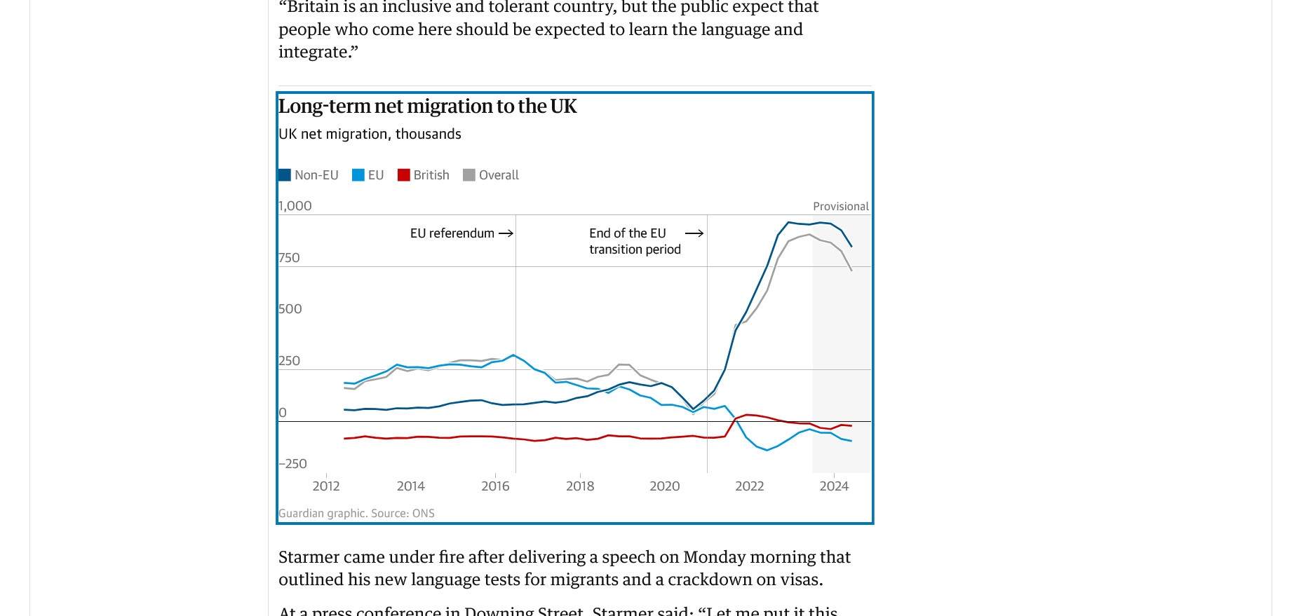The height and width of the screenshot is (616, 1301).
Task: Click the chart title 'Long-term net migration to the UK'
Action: pyautogui.click(x=427, y=107)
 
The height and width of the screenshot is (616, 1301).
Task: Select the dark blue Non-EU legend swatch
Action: pyautogui.click(x=285, y=175)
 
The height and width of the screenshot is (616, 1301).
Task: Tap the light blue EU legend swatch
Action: pyautogui.click(x=358, y=175)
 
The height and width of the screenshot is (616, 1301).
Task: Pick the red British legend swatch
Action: pyautogui.click(x=403, y=175)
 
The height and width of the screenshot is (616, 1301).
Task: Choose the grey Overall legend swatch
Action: pyautogui.click(x=469, y=175)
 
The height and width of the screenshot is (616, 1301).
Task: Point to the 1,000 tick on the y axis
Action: pyautogui.click(x=295, y=206)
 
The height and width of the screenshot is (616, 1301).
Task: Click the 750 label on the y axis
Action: pyautogui.click(x=289, y=258)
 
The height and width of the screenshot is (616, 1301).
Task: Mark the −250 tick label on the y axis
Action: pyautogui.click(x=293, y=464)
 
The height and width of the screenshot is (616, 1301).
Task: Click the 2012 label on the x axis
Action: pyautogui.click(x=326, y=486)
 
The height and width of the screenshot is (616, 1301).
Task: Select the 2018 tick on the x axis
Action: pyautogui.click(x=580, y=486)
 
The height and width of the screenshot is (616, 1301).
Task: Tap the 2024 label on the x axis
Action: pyautogui.click(x=834, y=486)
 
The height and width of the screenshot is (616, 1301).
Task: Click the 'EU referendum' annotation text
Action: pyautogui.click(x=452, y=233)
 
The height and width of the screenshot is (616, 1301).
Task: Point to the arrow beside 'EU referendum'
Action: pyautogui.click(x=506, y=233)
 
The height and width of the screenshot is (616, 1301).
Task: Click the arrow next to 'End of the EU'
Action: pyautogui.click(x=694, y=233)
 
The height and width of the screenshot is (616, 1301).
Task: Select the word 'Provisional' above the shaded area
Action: pyautogui.click(x=840, y=207)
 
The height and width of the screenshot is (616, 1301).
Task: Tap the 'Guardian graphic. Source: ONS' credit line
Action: pyautogui.click(x=356, y=514)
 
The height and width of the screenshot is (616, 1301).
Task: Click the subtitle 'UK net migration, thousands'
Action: pyautogui.click(x=370, y=134)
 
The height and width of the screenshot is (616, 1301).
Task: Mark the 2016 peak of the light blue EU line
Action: pyautogui.click(x=513, y=355)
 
